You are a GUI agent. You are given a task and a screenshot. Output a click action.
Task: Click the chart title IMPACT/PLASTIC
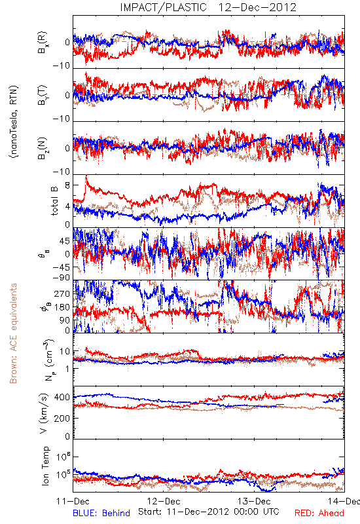point(163,7)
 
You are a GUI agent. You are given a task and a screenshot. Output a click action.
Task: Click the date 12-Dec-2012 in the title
point(257,7)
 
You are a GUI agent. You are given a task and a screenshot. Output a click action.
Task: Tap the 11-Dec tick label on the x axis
point(73,501)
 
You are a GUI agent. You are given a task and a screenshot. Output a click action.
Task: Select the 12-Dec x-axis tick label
point(164,501)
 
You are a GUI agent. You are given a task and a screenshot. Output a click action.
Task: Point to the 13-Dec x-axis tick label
point(254,501)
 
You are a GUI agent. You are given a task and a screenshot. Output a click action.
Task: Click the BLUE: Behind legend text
point(101,513)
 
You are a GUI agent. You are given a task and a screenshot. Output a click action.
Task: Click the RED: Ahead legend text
point(319,513)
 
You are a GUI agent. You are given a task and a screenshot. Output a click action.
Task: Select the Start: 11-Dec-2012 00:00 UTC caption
point(209,512)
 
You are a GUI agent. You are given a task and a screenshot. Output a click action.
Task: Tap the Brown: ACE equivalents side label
point(13,333)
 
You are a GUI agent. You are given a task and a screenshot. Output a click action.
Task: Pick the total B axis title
point(54,200)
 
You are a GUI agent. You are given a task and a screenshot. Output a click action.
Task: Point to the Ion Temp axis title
point(45,466)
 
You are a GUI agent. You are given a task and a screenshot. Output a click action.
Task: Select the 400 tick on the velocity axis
point(62,398)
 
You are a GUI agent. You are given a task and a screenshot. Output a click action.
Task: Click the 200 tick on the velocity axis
point(62,419)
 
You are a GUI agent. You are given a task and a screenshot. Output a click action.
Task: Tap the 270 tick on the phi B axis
point(62,294)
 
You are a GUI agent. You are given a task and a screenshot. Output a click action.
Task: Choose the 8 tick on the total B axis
point(67,185)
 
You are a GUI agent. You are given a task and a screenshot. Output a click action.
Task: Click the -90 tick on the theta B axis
point(62,277)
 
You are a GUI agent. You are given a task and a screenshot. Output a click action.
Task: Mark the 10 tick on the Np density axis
point(65,352)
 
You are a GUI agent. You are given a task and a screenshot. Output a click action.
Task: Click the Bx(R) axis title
point(43,43)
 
